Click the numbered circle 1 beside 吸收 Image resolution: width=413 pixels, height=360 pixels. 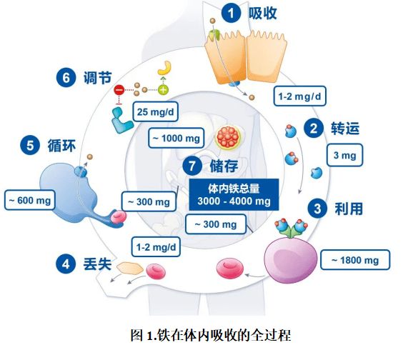click(231, 13)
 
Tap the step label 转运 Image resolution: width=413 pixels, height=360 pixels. click(345, 129)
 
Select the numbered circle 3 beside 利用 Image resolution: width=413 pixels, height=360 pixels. click(317, 209)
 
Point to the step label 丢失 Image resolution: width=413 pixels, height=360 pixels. click(97, 264)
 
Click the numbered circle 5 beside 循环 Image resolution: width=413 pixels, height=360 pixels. click(30, 146)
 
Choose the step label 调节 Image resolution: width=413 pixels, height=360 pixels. click(97, 78)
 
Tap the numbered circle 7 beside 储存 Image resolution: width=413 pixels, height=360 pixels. click(192, 166)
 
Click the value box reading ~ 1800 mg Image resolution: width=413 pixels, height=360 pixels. click(355, 260)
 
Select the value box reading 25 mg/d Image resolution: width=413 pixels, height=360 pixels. click(155, 111)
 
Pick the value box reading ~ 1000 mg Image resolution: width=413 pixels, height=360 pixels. click(176, 138)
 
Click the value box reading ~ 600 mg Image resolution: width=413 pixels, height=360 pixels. click(30, 200)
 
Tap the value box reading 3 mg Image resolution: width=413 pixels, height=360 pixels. click(345, 155)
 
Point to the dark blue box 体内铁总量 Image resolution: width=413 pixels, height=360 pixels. click(234, 194)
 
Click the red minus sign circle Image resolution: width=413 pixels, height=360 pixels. click(119, 90)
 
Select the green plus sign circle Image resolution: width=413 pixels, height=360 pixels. click(163, 90)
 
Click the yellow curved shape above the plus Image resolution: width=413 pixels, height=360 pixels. click(165, 69)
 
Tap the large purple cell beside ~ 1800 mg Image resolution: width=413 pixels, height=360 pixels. click(291, 259)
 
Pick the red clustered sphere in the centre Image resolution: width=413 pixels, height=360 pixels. click(228, 137)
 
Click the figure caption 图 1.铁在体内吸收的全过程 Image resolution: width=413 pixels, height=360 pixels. click(211, 335)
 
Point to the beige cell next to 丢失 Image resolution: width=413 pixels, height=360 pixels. click(130, 268)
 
